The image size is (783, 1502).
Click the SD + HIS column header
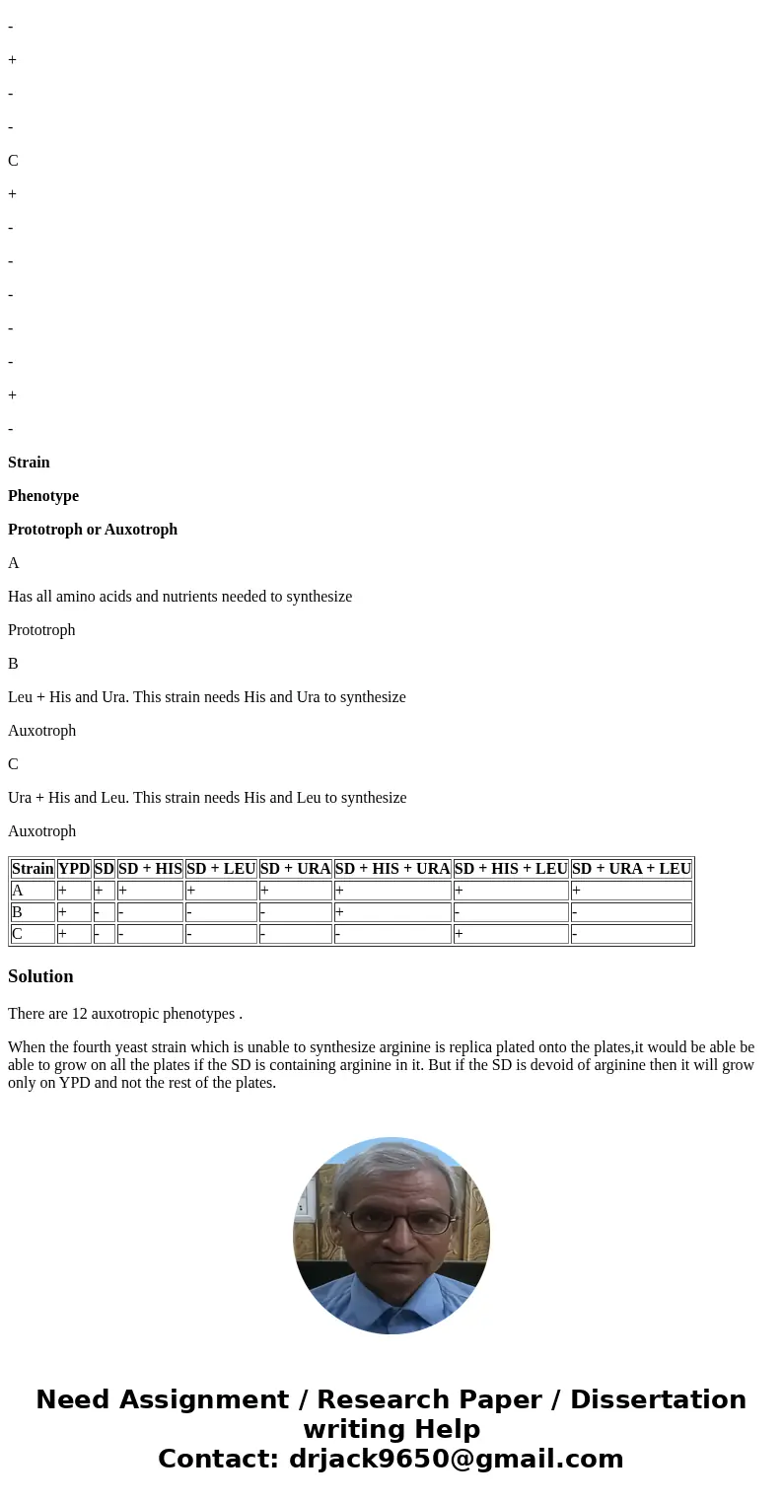(150, 869)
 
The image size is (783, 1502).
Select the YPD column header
(74, 869)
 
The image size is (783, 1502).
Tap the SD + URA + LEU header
(631, 869)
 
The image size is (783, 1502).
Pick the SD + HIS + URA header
(392, 869)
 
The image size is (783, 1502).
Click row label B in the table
(18, 912)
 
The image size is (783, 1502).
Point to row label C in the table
(18, 934)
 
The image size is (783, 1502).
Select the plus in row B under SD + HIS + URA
(339, 912)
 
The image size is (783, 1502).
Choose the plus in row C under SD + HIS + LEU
(459, 934)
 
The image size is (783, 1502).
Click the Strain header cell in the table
(33, 869)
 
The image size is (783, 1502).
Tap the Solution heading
(40, 976)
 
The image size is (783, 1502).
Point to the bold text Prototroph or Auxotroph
(93, 530)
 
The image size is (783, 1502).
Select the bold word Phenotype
(43, 496)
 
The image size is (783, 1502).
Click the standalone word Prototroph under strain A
(41, 630)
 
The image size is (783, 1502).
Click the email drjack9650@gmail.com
(456, 1460)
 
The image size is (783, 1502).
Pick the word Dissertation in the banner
(658, 1400)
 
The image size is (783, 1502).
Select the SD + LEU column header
(221, 869)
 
